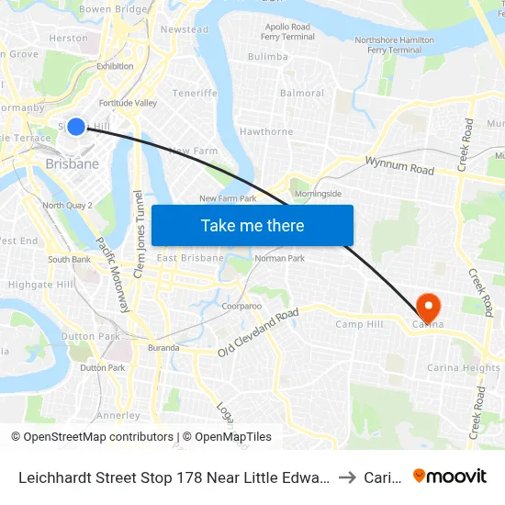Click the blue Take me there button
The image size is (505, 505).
252,225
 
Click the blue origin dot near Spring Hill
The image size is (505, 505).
76,127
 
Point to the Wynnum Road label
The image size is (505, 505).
399,168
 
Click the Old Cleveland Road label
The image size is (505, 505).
258,332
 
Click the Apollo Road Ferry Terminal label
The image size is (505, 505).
287,32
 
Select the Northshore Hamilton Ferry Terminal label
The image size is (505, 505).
394,45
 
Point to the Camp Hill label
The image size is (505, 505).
357,324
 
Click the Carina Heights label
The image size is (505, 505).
464,367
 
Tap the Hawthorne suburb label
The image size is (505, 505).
266,131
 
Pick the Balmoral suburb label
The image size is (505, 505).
302,94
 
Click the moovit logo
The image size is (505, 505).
450,476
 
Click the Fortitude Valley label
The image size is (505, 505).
128,103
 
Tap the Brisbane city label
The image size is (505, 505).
72,163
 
